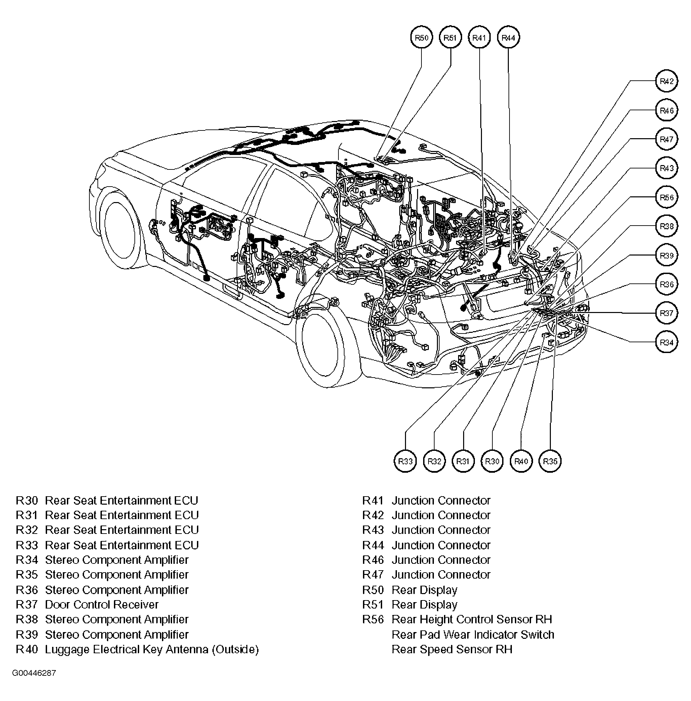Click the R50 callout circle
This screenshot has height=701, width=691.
click(421, 38)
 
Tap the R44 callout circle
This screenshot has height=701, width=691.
click(508, 38)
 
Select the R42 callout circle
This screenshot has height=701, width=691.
click(666, 81)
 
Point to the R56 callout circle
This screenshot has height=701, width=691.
click(666, 197)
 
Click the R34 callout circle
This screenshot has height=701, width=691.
click(666, 342)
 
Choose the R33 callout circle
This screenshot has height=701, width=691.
click(405, 461)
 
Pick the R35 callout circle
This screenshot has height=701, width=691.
click(550, 461)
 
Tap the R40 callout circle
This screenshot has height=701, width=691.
click(521, 461)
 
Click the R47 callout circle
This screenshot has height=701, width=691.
click(666, 139)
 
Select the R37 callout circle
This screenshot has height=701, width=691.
click(666, 313)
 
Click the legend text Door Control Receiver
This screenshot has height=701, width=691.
click(101, 605)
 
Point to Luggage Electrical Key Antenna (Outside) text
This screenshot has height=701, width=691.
click(152, 649)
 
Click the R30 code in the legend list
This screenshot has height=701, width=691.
click(27, 501)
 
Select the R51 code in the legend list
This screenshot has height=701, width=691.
click(373, 605)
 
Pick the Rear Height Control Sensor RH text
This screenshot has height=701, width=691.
click(472, 619)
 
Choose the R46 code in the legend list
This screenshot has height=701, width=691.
click(373, 560)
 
